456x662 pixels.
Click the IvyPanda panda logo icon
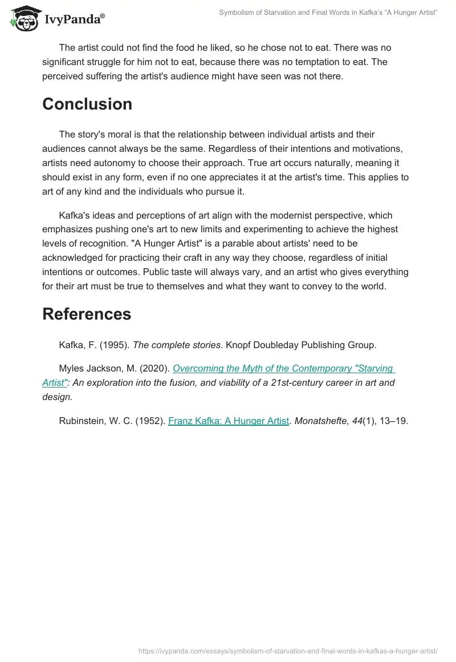[23, 18]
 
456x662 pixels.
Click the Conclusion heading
[87, 104]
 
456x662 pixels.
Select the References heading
[87, 314]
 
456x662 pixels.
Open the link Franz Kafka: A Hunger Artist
[229, 421]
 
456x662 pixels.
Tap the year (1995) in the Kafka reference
[117, 345]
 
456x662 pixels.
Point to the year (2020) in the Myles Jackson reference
[154, 369]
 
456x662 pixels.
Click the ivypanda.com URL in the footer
[288, 651]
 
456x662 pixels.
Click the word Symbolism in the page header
[238, 12]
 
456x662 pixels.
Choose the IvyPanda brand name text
[72, 20]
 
